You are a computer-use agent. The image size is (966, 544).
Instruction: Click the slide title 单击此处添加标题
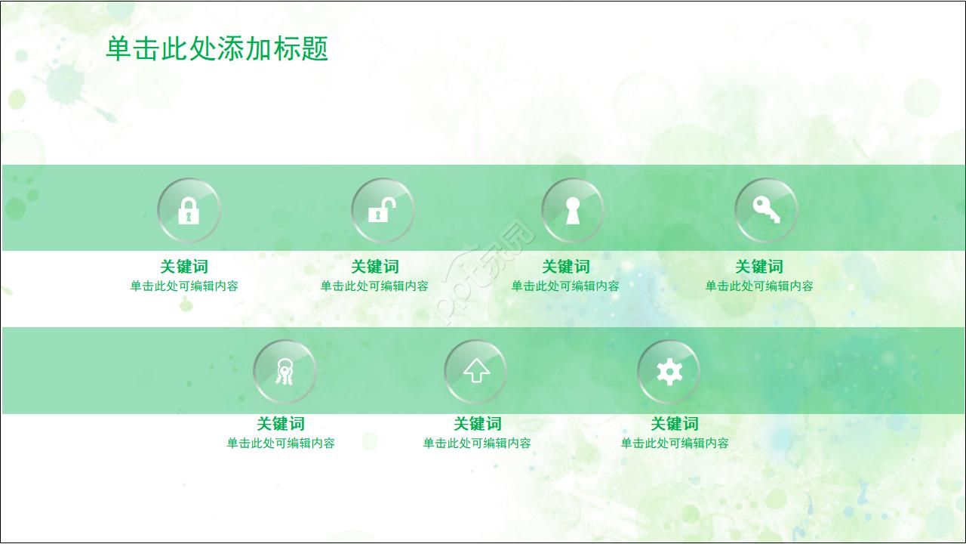point(217,49)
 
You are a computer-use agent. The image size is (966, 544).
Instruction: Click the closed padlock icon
point(189,210)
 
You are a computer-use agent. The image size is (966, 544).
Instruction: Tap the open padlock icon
point(382,210)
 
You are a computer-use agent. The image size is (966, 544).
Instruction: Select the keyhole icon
point(573,210)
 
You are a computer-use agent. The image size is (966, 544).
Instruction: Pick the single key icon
point(766,209)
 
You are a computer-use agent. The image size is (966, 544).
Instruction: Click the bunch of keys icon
point(285,372)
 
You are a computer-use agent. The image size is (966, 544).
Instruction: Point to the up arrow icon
point(475,372)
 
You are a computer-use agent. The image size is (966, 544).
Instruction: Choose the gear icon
point(669,372)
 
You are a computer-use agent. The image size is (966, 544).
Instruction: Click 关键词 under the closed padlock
point(183,267)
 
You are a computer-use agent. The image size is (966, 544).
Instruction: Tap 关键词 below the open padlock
point(375,267)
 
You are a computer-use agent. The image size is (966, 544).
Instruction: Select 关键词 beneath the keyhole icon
point(566,267)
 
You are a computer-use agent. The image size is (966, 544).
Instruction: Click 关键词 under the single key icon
point(759,267)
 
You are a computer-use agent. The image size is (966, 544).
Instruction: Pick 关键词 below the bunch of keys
point(281,424)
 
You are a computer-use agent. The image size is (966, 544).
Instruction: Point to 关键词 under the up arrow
point(477,424)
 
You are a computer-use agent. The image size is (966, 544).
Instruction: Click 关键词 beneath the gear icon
point(675,424)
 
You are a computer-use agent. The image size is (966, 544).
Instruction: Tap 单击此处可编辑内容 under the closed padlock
point(184,286)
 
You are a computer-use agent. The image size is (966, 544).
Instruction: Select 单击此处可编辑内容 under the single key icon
point(759,286)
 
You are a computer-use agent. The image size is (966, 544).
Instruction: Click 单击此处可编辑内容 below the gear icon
point(675,444)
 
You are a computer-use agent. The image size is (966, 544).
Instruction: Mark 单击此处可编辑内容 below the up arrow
point(477,444)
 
